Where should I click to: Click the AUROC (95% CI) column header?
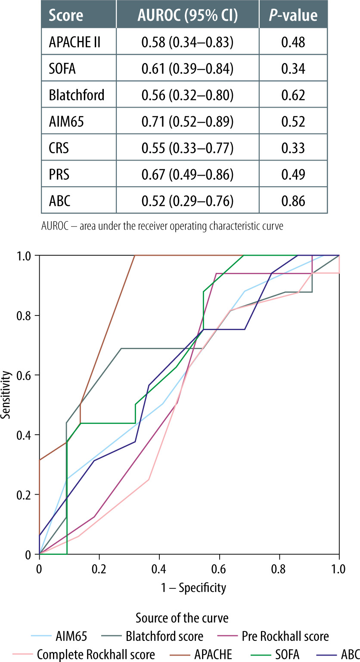187,15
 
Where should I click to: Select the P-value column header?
293,15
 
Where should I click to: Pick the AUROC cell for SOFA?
187,68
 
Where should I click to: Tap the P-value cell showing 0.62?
293,95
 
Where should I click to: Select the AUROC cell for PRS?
187,174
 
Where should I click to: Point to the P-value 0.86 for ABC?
293,201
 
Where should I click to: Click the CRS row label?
59,148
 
